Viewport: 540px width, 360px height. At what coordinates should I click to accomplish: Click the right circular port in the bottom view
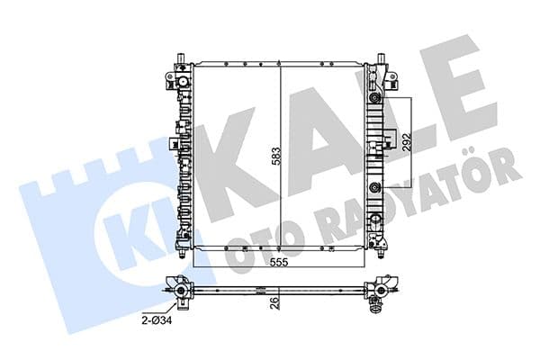tap(382, 290)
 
